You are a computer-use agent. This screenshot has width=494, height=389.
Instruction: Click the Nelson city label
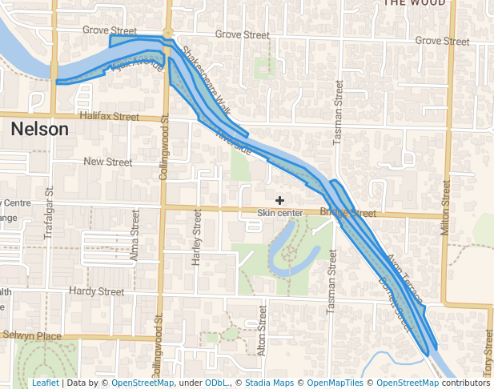click(x=39, y=129)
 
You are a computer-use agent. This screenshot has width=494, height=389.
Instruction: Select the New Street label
click(x=107, y=162)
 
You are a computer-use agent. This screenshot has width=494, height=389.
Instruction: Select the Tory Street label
click(x=488, y=351)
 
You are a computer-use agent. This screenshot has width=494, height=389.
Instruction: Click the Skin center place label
click(x=279, y=213)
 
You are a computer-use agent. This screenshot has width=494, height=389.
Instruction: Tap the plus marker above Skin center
click(x=279, y=199)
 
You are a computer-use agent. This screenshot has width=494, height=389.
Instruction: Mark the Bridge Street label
click(x=348, y=213)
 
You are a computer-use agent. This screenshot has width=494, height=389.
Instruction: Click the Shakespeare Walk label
click(x=205, y=83)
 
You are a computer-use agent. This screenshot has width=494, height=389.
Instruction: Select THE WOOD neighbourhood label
click(x=414, y=3)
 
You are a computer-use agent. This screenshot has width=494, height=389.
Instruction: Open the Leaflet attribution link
click(x=45, y=383)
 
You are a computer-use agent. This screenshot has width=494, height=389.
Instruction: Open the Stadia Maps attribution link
click(x=267, y=383)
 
